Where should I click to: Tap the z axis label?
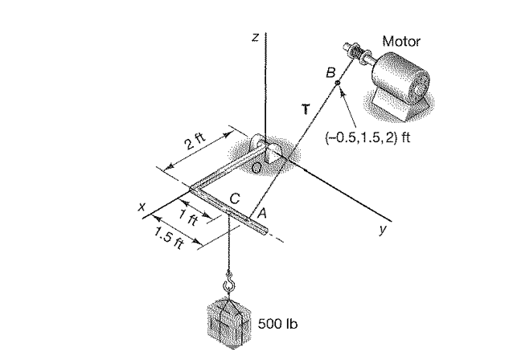255,37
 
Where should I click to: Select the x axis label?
142,207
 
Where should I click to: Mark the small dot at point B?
338,83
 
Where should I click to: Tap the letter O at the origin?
255,167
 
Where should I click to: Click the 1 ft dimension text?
187,216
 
